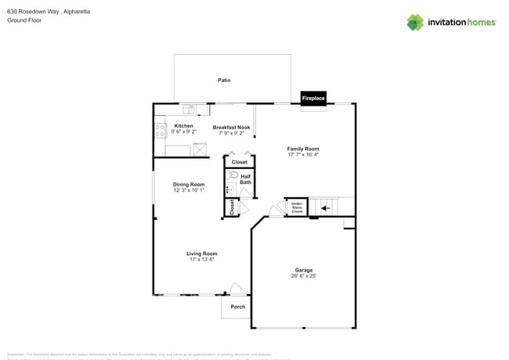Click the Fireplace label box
tap(313, 99)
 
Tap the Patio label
tap(224, 80)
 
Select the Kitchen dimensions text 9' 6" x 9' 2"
tap(184, 132)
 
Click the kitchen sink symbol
tap(189, 110)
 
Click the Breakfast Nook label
tap(231, 127)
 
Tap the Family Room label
tap(303, 149)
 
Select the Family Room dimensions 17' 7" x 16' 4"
tap(303, 155)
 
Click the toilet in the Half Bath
tap(232, 189)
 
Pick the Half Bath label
tap(245, 179)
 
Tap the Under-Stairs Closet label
tap(297, 207)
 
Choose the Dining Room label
tap(189, 184)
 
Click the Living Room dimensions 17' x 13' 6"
tap(201, 259)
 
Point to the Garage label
tap(303, 270)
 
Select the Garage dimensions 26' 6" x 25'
tap(303, 276)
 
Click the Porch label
tap(237, 307)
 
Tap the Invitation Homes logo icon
tap(415, 22)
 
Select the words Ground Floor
tap(23, 20)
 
